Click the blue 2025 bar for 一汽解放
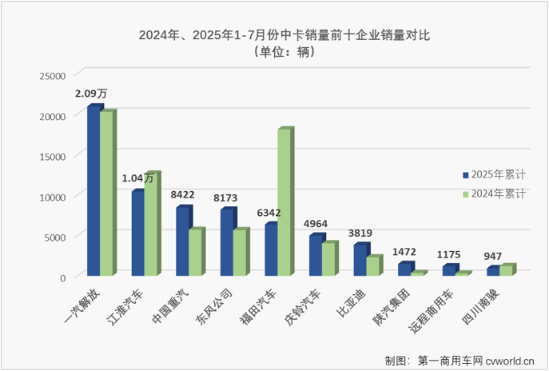pos(94,191)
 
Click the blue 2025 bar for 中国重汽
pos(183,241)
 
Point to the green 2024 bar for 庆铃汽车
pos(328,259)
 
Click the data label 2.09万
pos(91,94)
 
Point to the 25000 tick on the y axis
pos(53,75)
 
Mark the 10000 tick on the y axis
pos(53,196)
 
